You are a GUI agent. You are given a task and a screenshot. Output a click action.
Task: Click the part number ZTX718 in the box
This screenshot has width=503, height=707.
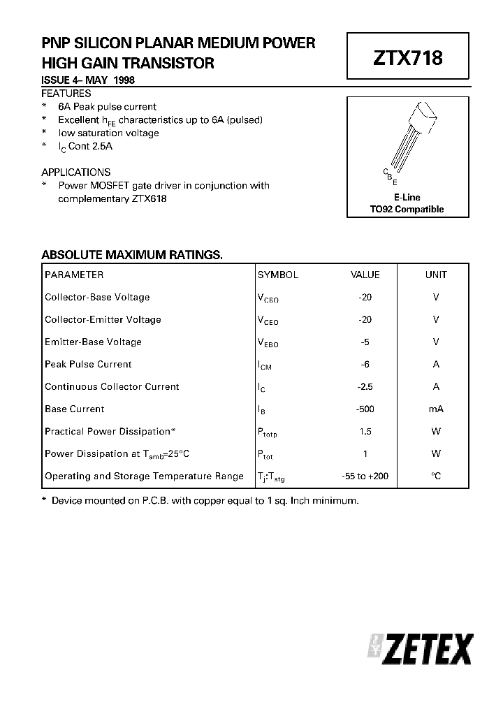tap(408, 58)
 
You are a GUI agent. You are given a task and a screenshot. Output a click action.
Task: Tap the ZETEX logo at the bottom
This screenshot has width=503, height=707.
tap(421, 650)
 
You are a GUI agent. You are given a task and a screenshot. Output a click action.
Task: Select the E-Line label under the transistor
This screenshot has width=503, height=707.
tap(407, 198)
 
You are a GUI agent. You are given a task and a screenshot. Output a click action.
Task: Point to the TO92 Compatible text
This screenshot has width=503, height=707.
tap(407, 209)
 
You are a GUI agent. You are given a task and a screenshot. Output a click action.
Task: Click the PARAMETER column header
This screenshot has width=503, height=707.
tap(74, 275)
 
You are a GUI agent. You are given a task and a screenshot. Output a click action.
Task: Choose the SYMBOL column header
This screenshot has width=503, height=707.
tap(278, 275)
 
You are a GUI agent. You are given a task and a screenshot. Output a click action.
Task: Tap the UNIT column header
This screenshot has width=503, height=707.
tap(436, 275)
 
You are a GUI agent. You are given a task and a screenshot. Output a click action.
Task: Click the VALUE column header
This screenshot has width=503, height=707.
tap(365, 275)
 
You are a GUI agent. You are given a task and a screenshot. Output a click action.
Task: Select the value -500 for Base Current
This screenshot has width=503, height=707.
tap(365, 409)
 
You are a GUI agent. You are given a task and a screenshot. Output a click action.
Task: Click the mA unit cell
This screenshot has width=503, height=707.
tap(436, 409)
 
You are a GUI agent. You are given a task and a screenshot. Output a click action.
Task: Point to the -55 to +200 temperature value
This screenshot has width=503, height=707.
tap(365, 476)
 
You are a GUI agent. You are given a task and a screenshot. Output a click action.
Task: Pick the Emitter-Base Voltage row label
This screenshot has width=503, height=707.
tap(93, 342)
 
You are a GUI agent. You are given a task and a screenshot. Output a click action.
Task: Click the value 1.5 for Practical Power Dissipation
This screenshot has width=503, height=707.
tap(365, 431)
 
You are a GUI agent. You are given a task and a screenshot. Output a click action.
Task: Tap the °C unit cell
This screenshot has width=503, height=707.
tap(436, 476)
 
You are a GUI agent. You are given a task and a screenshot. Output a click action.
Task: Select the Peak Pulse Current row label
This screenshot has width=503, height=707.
tap(88, 364)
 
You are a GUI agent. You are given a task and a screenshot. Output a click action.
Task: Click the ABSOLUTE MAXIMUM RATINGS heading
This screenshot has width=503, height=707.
tap(132, 255)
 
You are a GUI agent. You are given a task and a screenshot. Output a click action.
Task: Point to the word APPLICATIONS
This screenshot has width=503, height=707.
tap(75, 172)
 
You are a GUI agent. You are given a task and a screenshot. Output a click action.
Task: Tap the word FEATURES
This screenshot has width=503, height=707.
tap(66, 93)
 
